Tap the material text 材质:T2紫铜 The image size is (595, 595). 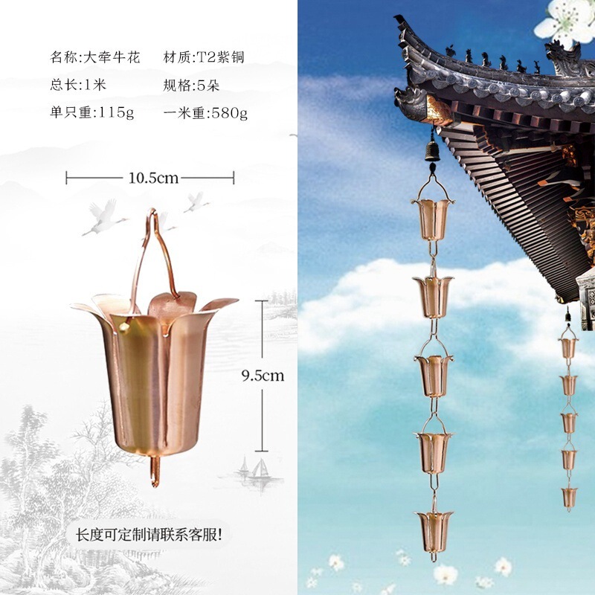pyautogui.click(x=203, y=57)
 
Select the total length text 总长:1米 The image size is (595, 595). pyautogui.click(x=78, y=85)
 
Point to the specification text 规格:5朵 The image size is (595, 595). pyautogui.click(x=192, y=85)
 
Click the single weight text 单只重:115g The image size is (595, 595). pyautogui.click(x=91, y=113)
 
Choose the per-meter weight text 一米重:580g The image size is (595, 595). pyautogui.click(x=205, y=113)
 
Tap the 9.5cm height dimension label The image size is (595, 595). pyautogui.click(x=263, y=376)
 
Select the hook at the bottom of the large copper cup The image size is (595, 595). pyautogui.click(x=155, y=472)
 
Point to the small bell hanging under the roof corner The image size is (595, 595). pyautogui.click(x=431, y=152)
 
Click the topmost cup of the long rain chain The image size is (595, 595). pyautogui.click(x=431, y=217)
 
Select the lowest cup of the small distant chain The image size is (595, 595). pyautogui.click(x=569, y=496)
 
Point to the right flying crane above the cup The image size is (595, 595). pyautogui.click(x=196, y=202)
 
